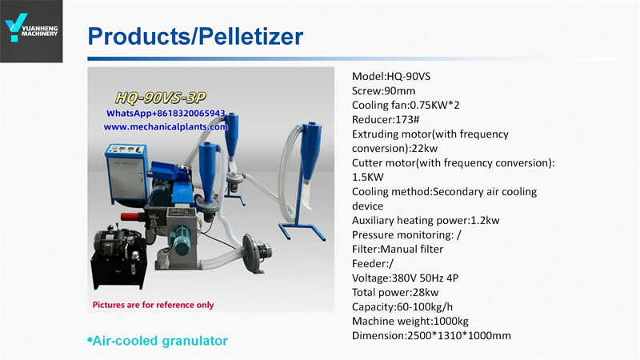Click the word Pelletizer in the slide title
coord(250,36)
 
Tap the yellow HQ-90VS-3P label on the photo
coord(161,98)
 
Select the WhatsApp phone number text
coord(166,113)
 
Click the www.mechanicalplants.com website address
coord(166,127)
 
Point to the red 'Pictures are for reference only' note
coord(153,305)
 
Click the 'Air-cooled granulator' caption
coord(158,341)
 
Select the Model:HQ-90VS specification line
coord(391,76)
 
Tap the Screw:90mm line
coord(384,90)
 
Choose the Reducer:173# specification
coord(386,119)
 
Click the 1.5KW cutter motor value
coord(368,177)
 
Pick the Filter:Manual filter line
coord(398,249)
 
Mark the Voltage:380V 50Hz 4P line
coord(406,278)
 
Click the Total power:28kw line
coord(395,292)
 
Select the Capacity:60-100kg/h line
coord(402,307)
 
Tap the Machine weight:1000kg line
coord(410,322)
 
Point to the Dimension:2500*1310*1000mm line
coord(431,335)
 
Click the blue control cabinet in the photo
coord(126,174)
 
